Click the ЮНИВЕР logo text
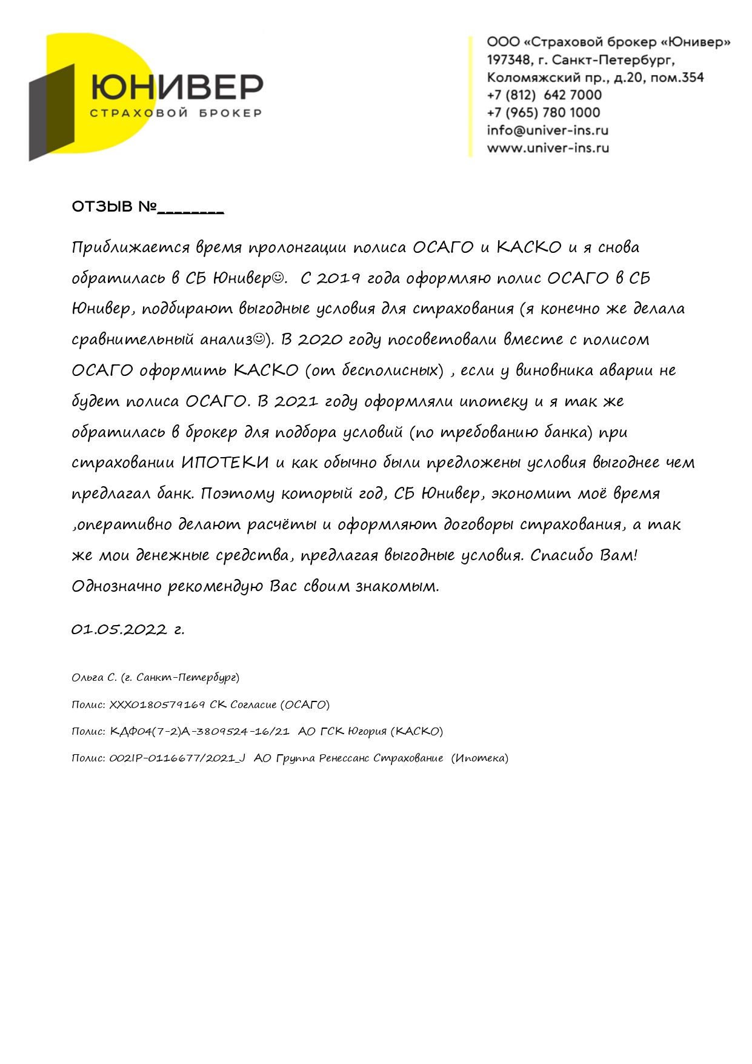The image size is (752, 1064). (x=177, y=88)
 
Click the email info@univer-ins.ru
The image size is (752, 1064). (x=547, y=130)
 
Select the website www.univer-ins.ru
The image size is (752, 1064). (x=548, y=148)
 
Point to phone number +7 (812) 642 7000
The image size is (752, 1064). (x=544, y=95)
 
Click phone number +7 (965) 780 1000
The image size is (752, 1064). (x=543, y=113)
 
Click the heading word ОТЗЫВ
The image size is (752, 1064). (x=102, y=207)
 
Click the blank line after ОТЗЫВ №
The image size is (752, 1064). (x=190, y=210)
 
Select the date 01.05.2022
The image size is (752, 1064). (x=119, y=629)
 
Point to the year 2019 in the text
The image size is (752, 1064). (x=338, y=278)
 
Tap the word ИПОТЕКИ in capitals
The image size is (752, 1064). (x=225, y=463)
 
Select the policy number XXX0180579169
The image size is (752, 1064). (x=157, y=704)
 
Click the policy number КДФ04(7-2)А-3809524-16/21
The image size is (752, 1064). (x=199, y=731)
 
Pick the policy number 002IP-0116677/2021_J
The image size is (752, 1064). (x=177, y=758)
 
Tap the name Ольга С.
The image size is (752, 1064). (x=94, y=677)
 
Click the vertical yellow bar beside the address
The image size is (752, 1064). (x=470, y=96)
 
